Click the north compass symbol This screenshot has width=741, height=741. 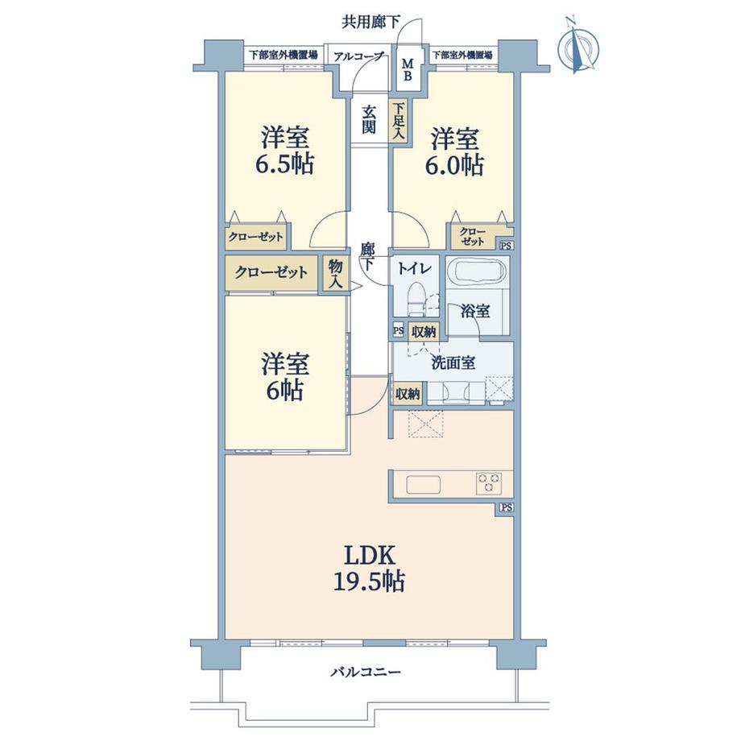pos(577,46)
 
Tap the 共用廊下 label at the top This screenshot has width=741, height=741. pos(371,22)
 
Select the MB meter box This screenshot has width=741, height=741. pos(408,69)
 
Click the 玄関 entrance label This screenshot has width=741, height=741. pos(369,119)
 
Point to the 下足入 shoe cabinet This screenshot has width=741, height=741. pos(399,121)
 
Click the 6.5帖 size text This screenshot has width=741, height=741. pos(284,164)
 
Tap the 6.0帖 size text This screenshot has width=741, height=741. pos(454,165)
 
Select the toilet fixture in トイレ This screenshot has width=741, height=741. pos(416,299)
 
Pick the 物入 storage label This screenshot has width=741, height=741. pos(336,275)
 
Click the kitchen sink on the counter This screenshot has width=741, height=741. pos(424,484)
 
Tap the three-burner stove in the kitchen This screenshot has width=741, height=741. pos(489,484)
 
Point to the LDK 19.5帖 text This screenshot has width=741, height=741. pos(370,569)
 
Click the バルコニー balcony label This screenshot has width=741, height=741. pos(366,672)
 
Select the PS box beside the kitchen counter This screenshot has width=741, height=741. pos(506,507)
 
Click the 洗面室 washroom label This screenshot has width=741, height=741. pos(453,363)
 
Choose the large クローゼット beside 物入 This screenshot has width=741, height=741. pos(271,273)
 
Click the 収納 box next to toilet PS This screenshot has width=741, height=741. pos(424,332)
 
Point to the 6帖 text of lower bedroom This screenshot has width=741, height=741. pos(284,391)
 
